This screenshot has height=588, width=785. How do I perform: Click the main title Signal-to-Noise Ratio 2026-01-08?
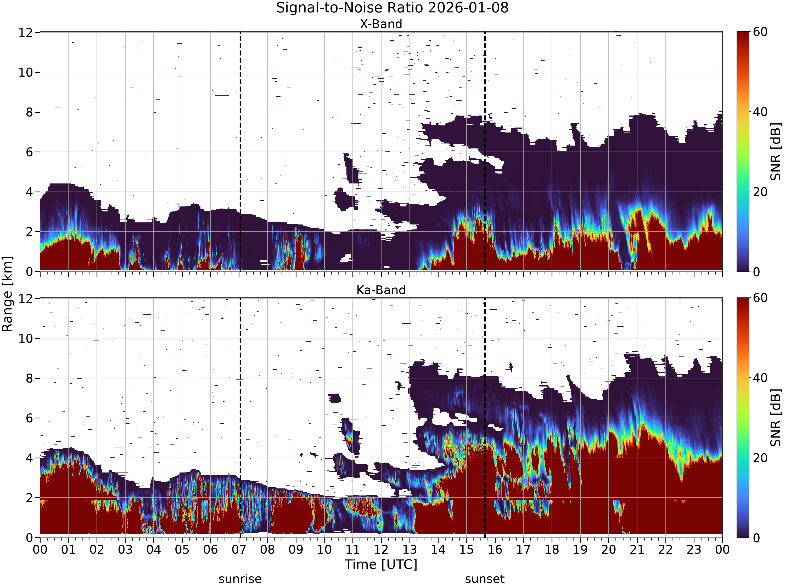[392, 8]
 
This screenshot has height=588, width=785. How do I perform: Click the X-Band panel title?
[381, 24]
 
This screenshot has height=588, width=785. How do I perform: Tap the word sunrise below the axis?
[240, 579]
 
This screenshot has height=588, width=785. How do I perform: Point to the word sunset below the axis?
[485, 579]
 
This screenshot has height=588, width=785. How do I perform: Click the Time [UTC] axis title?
[381, 564]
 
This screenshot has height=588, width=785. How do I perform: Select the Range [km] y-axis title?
[7, 294]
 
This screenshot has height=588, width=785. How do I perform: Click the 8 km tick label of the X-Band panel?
[29, 112]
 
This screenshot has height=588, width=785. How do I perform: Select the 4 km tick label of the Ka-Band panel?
[29, 458]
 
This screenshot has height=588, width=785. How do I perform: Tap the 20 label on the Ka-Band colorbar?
[760, 458]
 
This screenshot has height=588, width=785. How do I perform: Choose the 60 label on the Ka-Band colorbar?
[760, 298]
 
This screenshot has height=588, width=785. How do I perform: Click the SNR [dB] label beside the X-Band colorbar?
[776, 151]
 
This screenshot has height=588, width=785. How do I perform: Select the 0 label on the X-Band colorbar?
[756, 272]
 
